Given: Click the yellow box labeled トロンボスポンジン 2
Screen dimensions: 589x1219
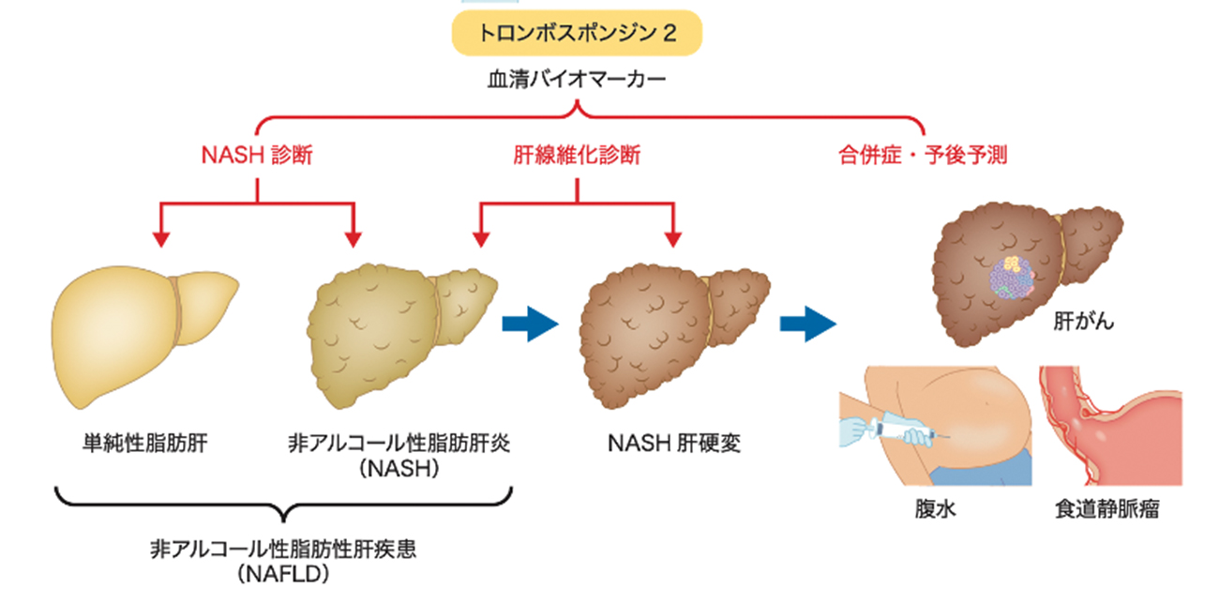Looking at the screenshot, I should click(x=577, y=33).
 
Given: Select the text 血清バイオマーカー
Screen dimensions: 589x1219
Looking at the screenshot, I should click(x=577, y=81).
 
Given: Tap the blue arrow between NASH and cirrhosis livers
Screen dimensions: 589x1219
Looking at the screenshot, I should click(x=530, y=325).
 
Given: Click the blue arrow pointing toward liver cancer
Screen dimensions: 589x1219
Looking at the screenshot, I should click(x=807, y=325).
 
